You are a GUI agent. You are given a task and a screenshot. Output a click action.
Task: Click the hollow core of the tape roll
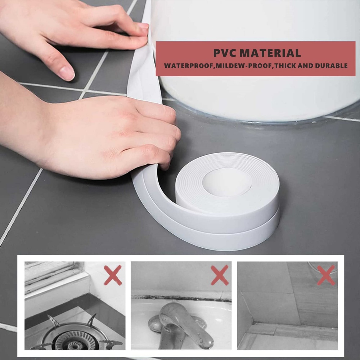pyautogui.click(x=227, y=182)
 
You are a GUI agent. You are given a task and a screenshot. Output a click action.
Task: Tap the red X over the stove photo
pyautogui.click(x=113, y=275)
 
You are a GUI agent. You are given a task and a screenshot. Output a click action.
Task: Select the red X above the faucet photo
pyautogui.click(x=220, y=275)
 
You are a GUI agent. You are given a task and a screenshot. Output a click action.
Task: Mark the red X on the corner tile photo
pyautogui.click(x=326, y=275)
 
